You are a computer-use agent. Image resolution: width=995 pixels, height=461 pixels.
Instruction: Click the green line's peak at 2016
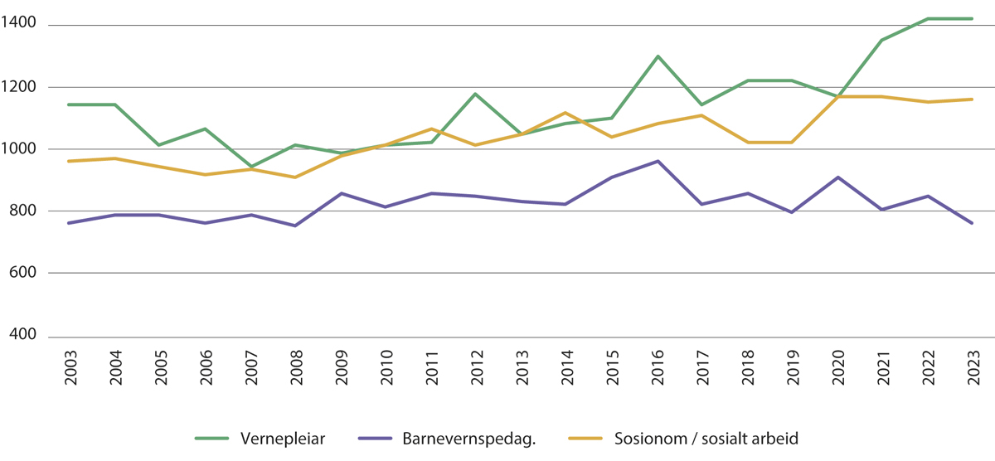[x=658, y=56]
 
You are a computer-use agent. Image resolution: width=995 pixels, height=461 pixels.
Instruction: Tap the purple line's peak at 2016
[x=658, y=161]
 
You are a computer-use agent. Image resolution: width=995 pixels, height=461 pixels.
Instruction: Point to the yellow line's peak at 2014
[x=565, y=113]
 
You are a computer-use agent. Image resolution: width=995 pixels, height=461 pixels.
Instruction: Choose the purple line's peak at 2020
[x=837, y=177]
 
